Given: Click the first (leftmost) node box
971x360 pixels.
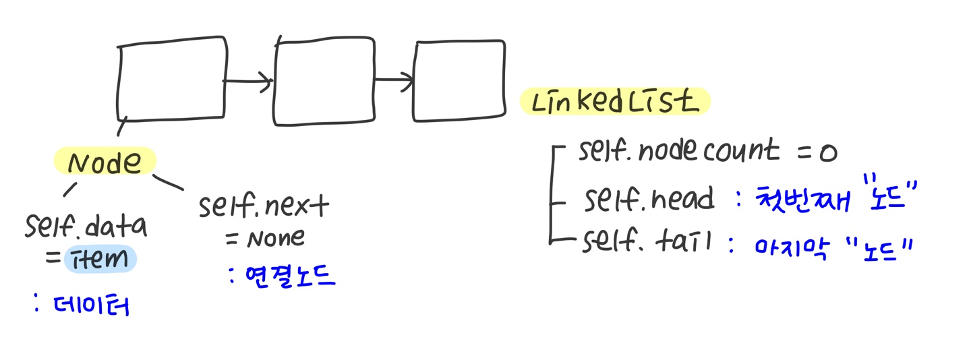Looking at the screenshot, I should (171, 80).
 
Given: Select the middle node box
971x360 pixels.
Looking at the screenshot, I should (324, 82).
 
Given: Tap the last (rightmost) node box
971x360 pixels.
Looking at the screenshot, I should (459, 81).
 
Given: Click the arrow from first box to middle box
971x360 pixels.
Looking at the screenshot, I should (247, 82).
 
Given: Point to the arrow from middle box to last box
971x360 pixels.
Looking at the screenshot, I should (394, 81).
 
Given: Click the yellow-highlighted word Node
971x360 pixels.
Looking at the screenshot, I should (105, 162).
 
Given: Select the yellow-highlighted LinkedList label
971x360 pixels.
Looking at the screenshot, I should (614, 102).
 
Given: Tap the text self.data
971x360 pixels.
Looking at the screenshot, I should (86, 227).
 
